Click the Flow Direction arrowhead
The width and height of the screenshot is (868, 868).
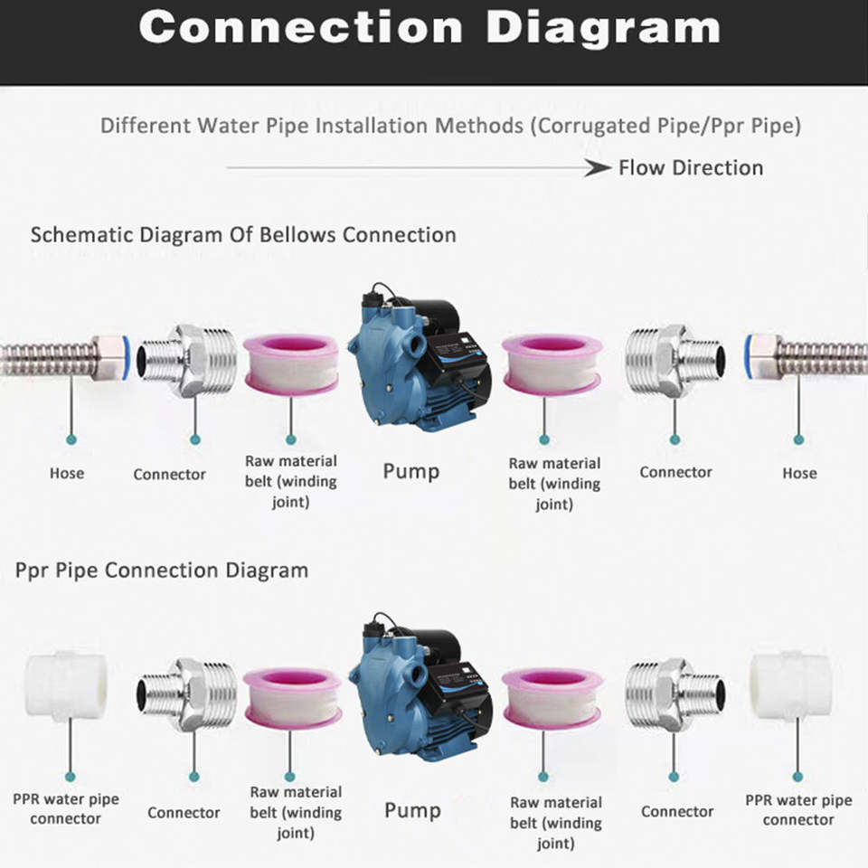pos(598,167)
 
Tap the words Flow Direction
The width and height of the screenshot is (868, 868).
pos(691,168)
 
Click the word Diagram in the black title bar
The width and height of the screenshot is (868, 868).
pos(603,28)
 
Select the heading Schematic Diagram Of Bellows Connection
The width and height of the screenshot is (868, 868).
pos(243,235)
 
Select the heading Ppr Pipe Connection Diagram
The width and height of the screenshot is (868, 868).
pos(162,571)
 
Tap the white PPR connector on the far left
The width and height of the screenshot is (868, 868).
pos(66,685)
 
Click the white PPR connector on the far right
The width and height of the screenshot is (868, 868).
pos(791,685)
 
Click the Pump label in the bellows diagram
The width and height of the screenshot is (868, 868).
pos(411,472)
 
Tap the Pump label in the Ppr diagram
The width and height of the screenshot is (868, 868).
pos(413,810)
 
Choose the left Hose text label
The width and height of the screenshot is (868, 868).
pos(67,473)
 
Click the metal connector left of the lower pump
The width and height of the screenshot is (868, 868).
pos(186,695)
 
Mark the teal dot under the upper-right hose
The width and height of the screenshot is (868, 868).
pos(798,439)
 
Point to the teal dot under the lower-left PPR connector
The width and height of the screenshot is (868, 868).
pos(70,776)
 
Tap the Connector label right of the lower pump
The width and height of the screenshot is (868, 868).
pos(677,812)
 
